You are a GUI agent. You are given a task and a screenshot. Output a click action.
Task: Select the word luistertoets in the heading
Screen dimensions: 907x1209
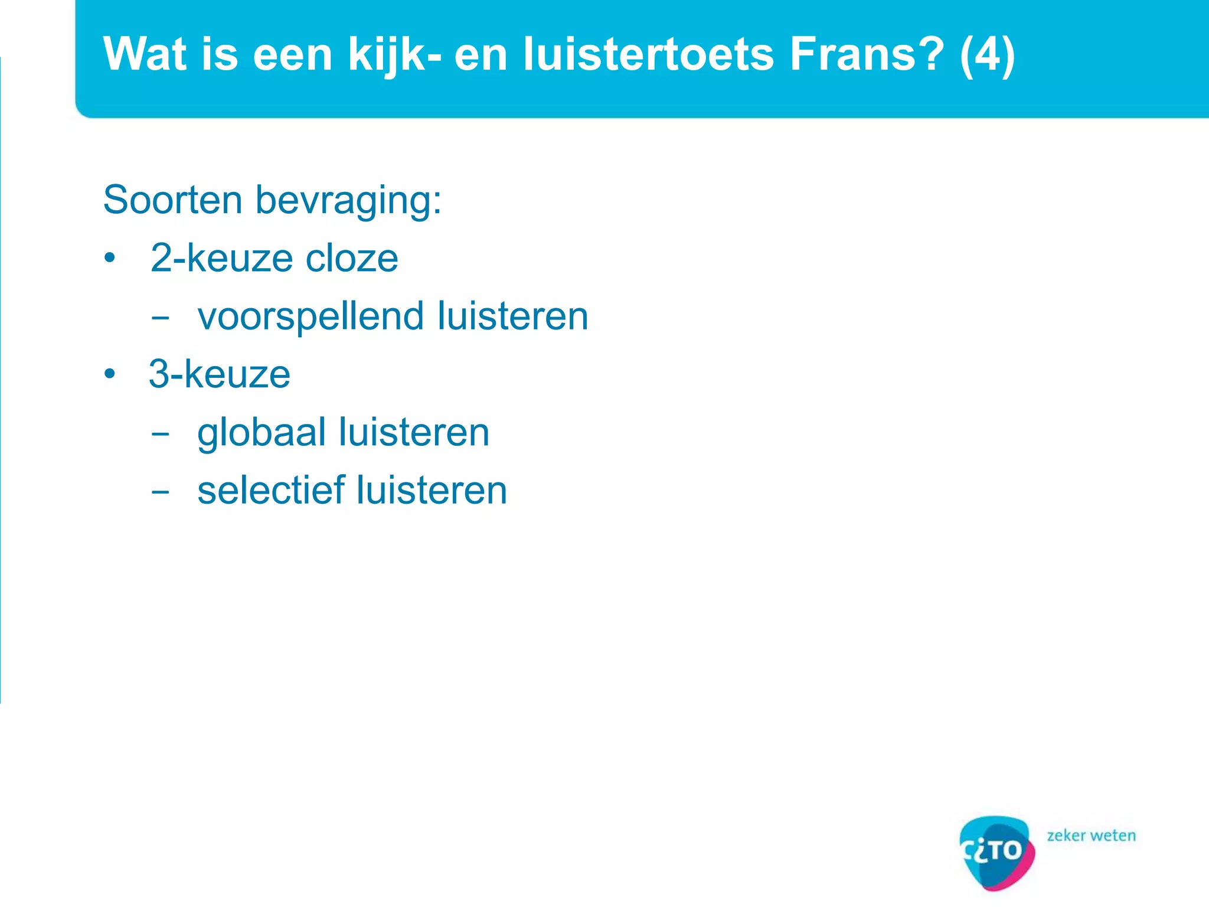click(648, 54)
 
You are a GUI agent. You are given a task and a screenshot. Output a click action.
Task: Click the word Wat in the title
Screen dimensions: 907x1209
click(145, 54)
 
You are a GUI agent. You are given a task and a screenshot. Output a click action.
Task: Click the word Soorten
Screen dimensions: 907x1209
click(172, 200)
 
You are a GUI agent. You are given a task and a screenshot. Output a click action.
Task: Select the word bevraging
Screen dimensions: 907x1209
click(348, 201)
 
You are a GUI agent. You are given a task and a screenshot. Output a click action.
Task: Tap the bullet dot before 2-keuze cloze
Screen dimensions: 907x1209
click(109, 259)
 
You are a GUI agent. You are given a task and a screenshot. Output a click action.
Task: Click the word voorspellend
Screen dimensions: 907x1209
click(311, 317)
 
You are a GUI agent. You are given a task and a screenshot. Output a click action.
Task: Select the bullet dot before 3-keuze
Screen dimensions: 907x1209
click(109, 374)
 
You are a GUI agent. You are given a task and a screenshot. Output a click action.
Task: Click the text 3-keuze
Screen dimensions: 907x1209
click(220, 374)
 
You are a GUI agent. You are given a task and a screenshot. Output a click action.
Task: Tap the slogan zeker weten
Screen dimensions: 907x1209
click(1091, 836)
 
